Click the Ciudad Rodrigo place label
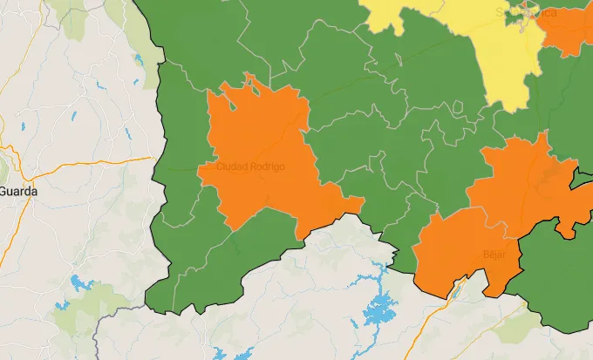(x=250, y=166)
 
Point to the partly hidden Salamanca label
(x=523, y=13)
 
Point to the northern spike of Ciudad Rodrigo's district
(x=251, y=82)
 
